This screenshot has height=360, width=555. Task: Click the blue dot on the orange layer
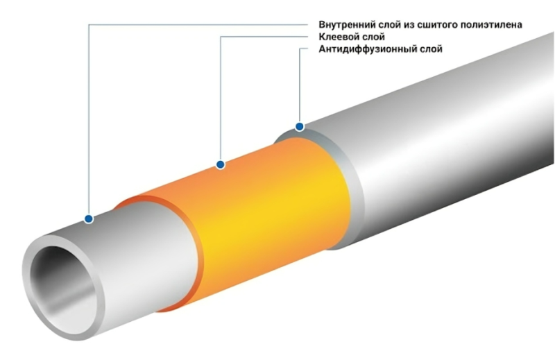point(220,164)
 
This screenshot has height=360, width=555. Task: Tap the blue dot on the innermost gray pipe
point(89,218)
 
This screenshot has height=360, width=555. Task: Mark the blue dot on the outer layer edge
point(299,126)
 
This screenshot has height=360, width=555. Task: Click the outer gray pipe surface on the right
point(444,139)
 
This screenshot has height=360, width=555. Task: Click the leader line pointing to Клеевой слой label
point(220,97)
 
